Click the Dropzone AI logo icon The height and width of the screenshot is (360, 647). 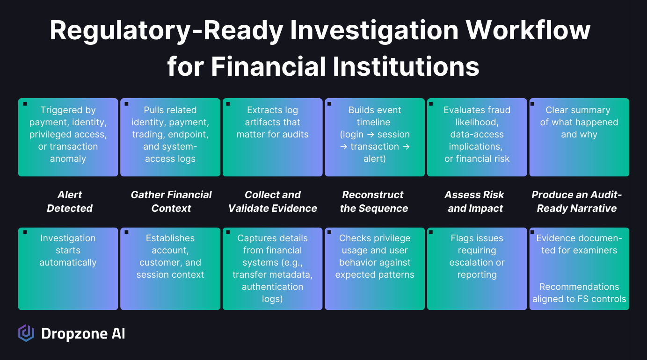point(26,333)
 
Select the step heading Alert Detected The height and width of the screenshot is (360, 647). point(70,202)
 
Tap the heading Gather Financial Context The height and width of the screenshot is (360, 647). point(171,202)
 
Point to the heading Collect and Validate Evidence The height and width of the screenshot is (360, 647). point(273,202)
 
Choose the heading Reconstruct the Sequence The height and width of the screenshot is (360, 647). point(374,202)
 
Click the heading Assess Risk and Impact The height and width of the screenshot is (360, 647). point(475,202)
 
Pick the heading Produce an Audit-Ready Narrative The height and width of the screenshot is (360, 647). point(577,202)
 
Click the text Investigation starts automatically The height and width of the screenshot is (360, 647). point(68,250)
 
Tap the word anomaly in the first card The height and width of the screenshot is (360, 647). point(68,158)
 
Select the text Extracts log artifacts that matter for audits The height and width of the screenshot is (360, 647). point(272,122)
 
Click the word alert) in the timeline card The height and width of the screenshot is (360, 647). point(374,158)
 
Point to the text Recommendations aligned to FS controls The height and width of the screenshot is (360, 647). point(579,293)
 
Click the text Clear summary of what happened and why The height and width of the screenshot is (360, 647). point(579,122)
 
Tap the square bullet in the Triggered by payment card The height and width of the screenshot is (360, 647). point(25,103)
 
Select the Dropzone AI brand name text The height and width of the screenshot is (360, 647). point(83,334)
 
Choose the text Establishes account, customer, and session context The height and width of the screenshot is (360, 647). point(170,256)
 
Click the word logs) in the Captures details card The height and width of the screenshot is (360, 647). point(272,299)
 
